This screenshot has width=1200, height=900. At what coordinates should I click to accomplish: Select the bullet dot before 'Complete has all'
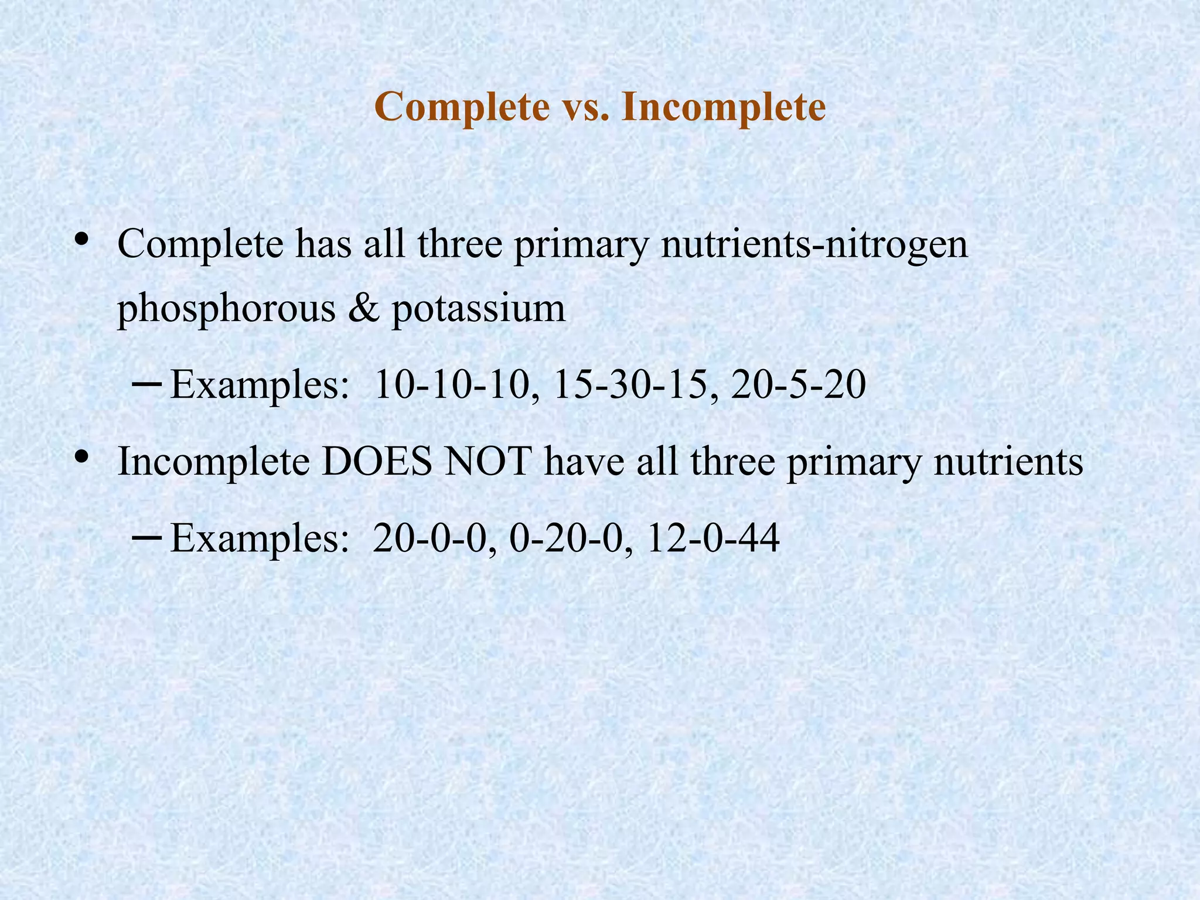(81, 238)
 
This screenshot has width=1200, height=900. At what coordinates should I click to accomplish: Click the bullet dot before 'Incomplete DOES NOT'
(81, 455)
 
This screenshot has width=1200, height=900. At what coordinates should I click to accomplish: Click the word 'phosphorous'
(226, 309)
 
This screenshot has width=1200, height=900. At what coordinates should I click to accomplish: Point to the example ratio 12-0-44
(713, 538)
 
